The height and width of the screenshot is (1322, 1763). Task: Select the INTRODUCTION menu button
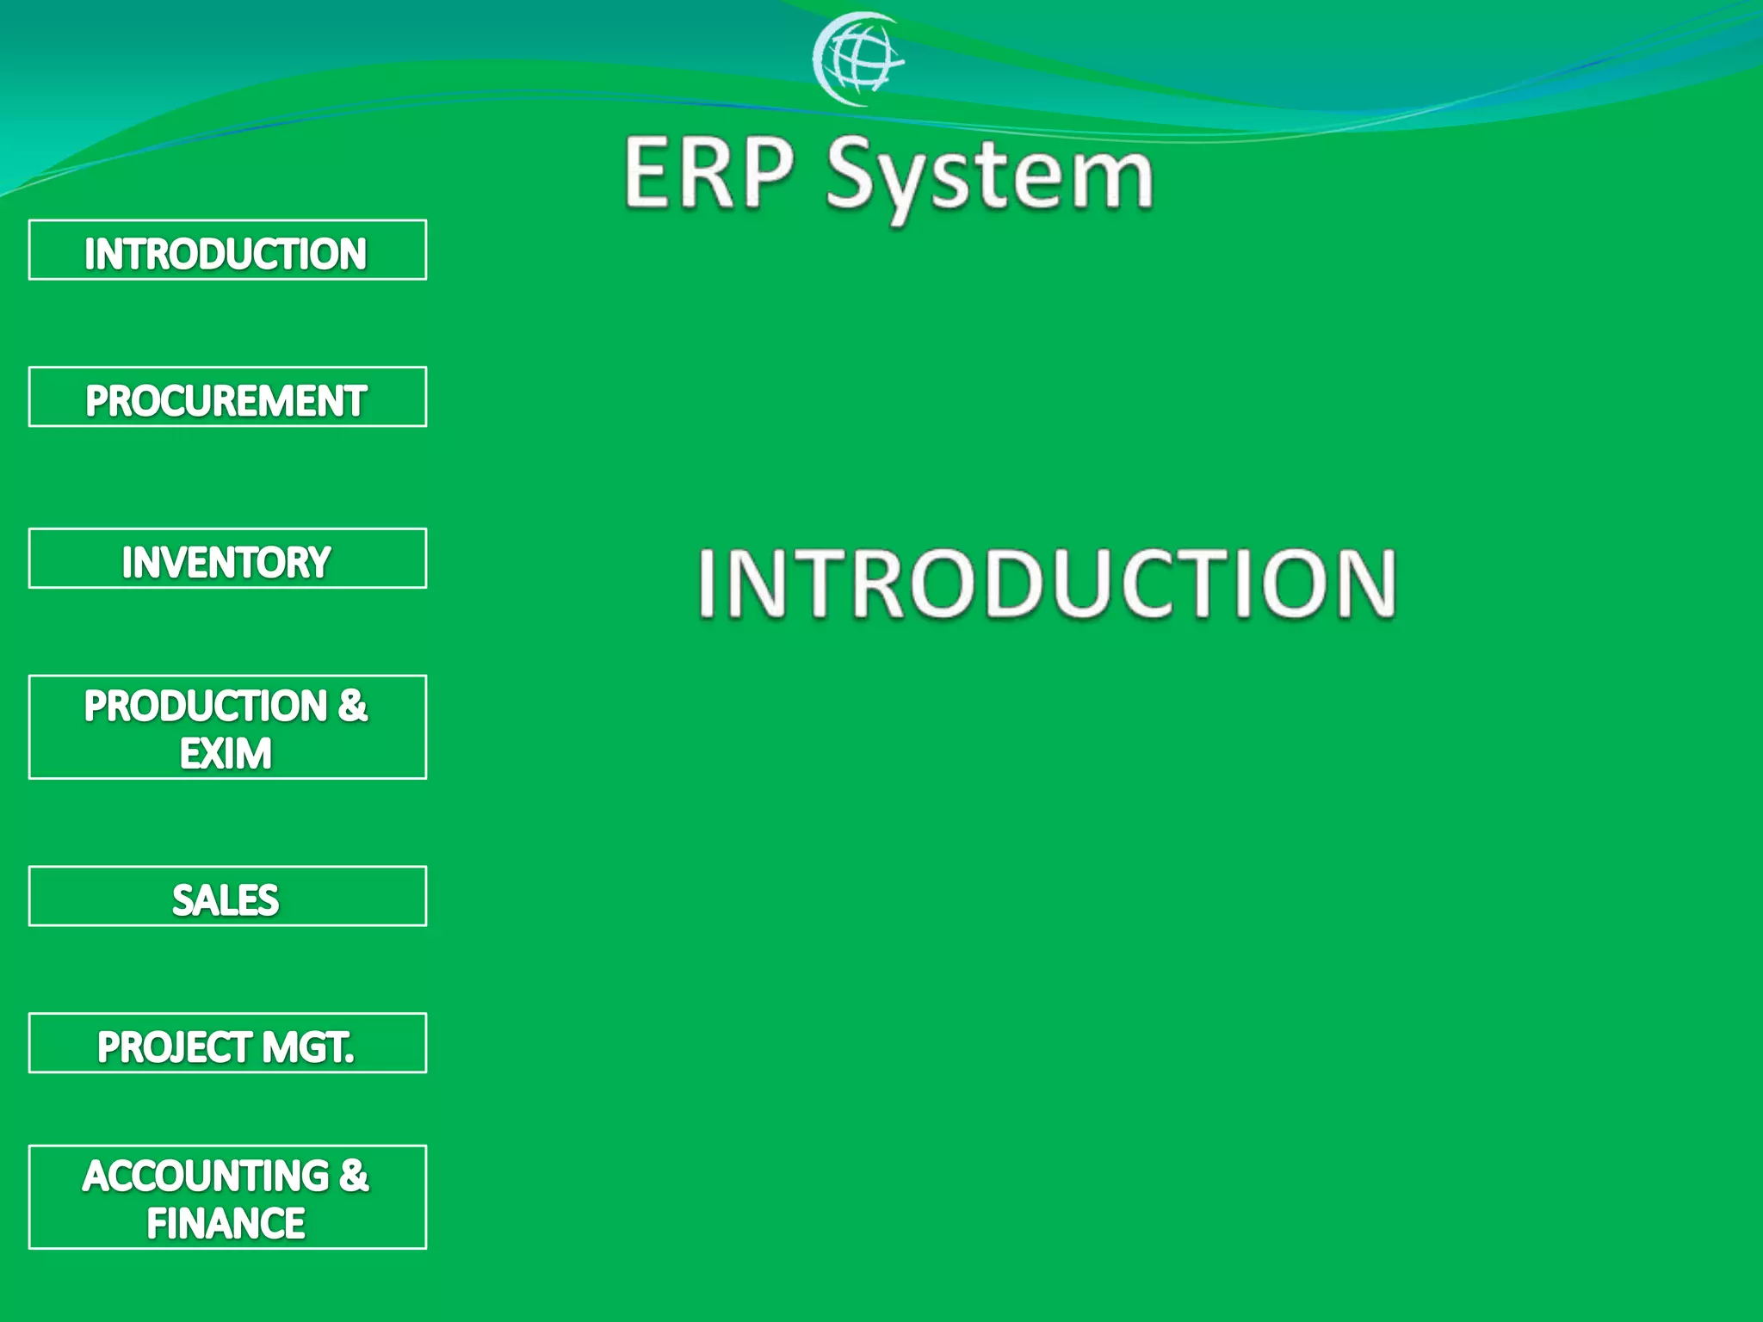point(227,250)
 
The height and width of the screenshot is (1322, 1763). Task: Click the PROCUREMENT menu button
point(227,398)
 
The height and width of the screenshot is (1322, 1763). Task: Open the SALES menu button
point(227,897)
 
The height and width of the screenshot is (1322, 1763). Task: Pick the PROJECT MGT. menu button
point(227,1044)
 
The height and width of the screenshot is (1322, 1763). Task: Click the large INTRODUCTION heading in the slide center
point(1046,584)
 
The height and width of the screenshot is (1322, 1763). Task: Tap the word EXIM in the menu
point(226,754)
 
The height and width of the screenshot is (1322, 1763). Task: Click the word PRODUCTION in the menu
point(206,707)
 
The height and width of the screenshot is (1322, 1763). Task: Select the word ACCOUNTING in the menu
point(206,1177)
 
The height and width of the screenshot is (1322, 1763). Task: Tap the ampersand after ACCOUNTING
point(354,1177)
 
